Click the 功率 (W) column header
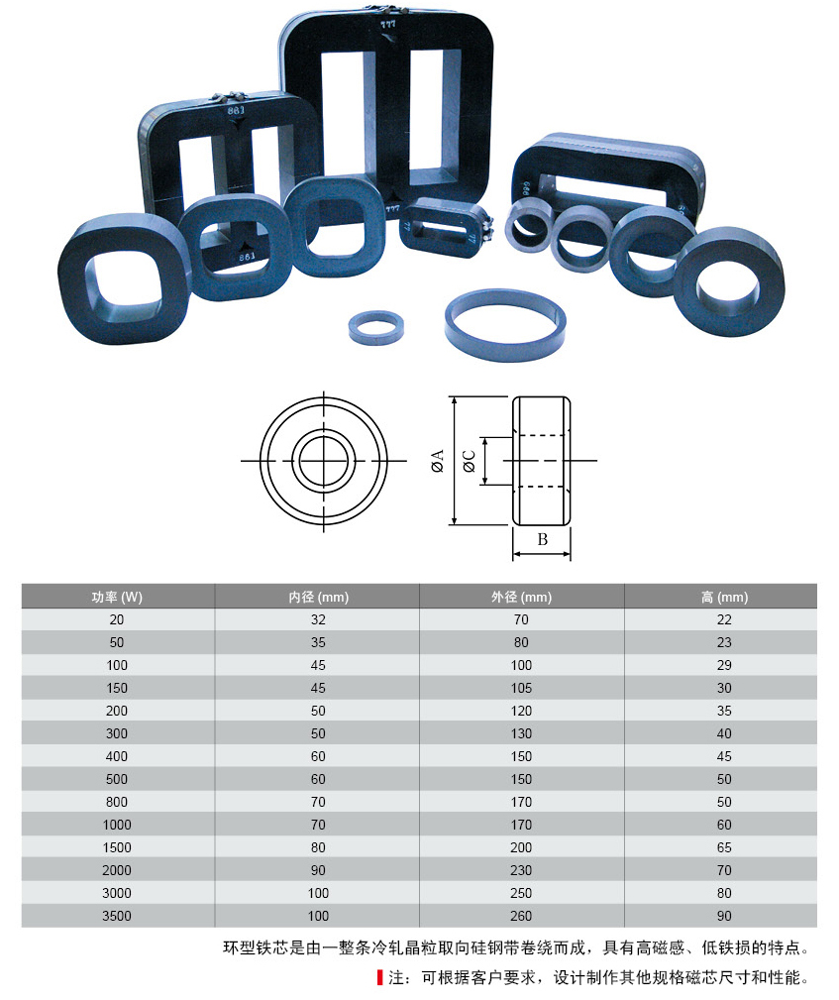point(117,597)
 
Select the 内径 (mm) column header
point(318,597)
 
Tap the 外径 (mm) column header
point(521,597)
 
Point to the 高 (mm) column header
point(724,597)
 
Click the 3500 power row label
point(117,916)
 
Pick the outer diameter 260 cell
point(521,916)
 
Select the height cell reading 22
point(724,619)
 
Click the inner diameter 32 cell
point(318,619)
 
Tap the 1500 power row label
point(117,847)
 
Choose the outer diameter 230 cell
point(521,870)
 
